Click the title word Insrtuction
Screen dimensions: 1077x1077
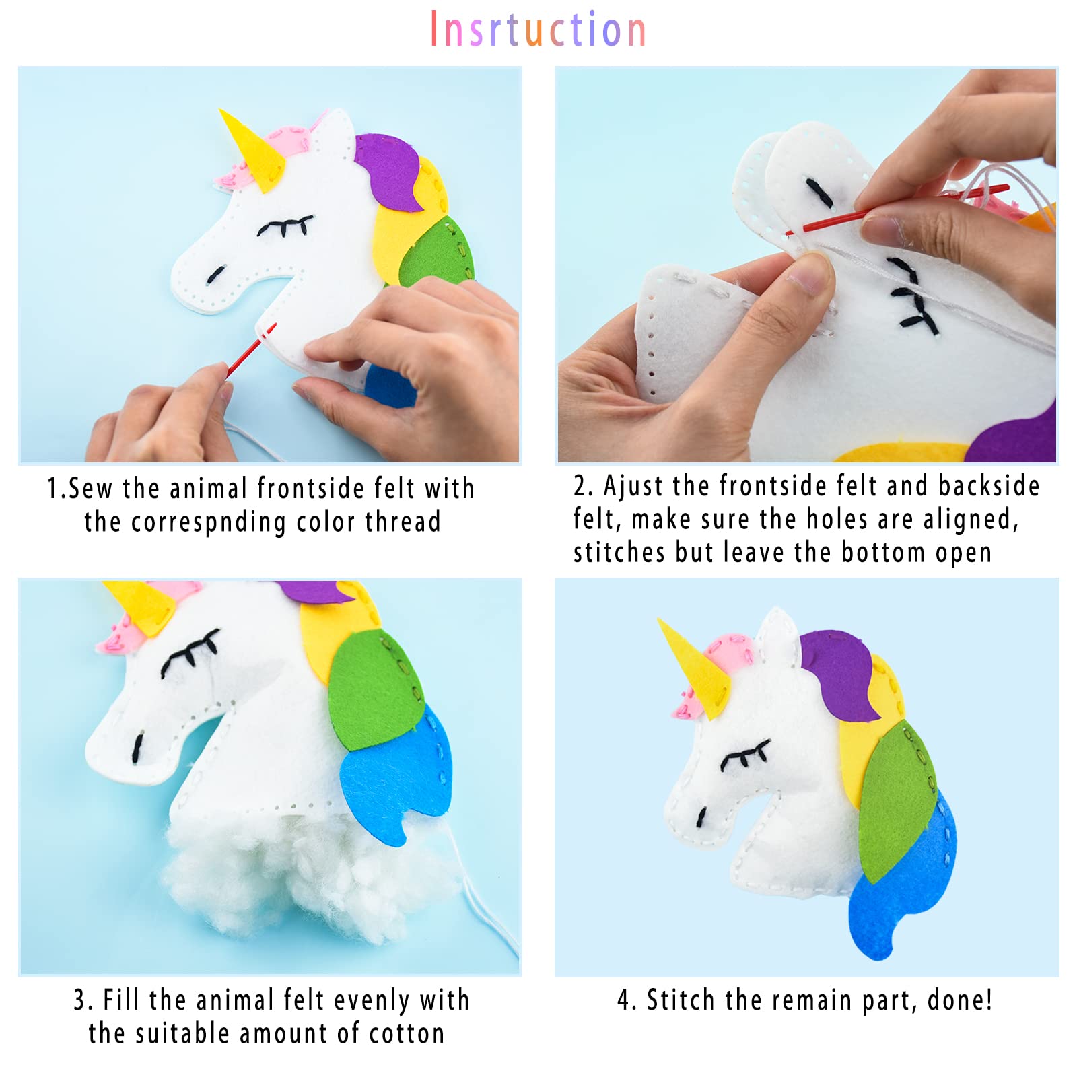(x=538, y=30)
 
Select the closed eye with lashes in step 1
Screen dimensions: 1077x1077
(x=285, y=226)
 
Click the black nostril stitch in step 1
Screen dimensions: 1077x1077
(x=215, y=274)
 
